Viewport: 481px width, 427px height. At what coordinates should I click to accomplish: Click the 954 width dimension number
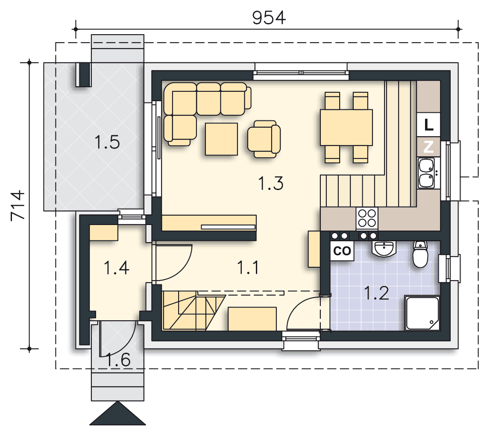(269, 18)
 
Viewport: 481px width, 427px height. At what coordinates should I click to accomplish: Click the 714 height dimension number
(17, 205)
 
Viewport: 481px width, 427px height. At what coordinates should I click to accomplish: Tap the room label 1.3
(271, 183)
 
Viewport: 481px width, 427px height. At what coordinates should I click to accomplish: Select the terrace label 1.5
(107, 142)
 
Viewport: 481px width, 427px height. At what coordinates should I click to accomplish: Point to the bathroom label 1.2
(376, 293)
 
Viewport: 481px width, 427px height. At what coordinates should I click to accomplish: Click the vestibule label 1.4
(117, 268)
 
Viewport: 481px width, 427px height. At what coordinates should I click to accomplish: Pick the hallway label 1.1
(248, 267)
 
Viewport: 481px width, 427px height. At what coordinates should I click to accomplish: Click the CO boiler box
(342, 251)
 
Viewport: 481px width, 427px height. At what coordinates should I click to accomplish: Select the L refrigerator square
(428, 124)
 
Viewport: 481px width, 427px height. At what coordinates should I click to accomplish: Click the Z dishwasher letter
(428, 147)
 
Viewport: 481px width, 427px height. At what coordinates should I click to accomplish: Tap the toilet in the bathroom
(420, 254)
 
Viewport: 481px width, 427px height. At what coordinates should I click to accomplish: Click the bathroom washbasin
(384, 248)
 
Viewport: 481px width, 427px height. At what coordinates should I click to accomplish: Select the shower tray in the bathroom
(422, 313)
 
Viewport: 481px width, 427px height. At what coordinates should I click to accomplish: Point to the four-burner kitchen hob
(367, 218)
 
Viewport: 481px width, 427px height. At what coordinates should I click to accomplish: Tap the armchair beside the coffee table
(264, 139)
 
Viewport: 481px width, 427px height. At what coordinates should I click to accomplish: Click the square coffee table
(221, 139)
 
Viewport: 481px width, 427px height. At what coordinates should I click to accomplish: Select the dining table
(346, 127)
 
